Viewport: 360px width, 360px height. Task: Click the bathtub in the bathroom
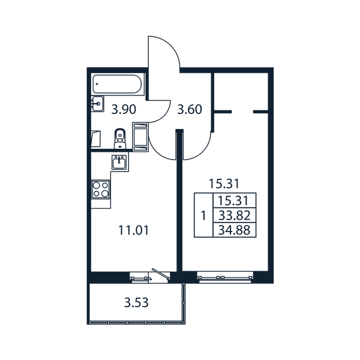coord(117,84)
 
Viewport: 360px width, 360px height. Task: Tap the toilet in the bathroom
coord(120,139)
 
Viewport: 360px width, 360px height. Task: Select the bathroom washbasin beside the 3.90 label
coord(98,104)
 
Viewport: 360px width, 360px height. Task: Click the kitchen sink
coord(119,162)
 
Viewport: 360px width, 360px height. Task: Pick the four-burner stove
coord(101,190)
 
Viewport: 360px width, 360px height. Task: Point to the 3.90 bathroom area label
coord(124,110)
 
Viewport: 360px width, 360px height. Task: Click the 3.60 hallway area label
coord(190,110)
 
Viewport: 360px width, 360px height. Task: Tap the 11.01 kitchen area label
coord(134,230)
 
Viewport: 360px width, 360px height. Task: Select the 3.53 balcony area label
coord(136,302)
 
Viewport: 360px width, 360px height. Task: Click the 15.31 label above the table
coord(224,184)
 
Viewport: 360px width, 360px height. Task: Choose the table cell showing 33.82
coord(235,215)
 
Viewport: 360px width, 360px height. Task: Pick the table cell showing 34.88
coord(235,230)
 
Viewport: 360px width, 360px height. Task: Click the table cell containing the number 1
coord(203,215)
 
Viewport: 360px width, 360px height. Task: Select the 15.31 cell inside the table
coord(235,200)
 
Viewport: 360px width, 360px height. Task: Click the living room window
coord(225,278)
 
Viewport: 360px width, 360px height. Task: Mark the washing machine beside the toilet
coord(140,137)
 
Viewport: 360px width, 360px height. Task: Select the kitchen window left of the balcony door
coord(139,278)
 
